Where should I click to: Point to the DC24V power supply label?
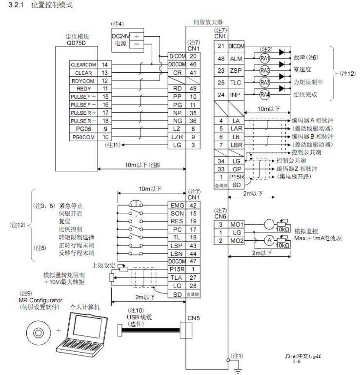121,40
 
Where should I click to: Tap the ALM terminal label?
236,59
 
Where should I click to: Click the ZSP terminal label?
236,70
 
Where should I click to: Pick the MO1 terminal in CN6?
236,224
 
